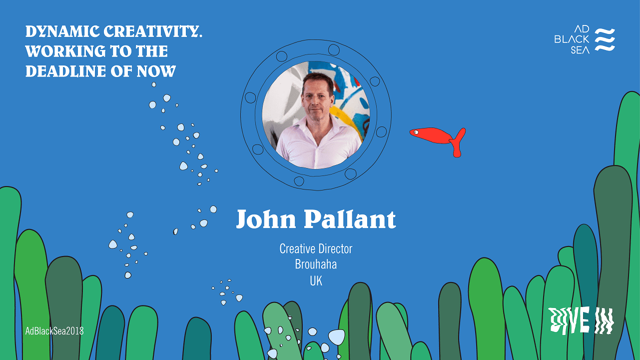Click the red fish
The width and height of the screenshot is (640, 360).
[x=433, y=135]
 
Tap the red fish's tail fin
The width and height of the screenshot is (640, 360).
[x=458, y=142]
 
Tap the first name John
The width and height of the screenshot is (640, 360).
[x=267, y=219]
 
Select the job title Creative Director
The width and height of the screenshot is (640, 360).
[x=316, y=248]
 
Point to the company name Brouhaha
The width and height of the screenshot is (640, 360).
[x=316, y=264]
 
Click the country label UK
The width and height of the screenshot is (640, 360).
[x=316, y=281]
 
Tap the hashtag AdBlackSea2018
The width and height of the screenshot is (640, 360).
[x=54, y=330]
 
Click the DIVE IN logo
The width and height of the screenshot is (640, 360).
[x=581, y=320]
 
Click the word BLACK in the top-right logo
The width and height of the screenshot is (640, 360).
[x=572, y=39]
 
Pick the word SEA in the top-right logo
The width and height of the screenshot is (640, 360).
[x=580, y=49]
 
